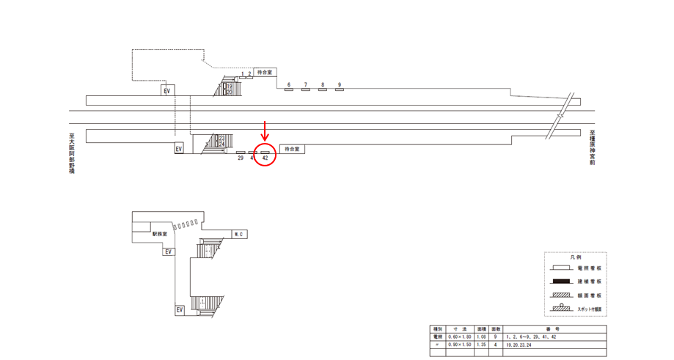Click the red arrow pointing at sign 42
(x=265, y=133)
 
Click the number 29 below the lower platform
(x=241, y=158)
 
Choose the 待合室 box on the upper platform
(x=264, y=73)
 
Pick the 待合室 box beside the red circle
(x=292, y=149)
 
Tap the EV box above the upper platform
(x=167, y=90)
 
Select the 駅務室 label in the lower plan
(x=161, y=235)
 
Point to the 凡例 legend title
(x=576, y=258)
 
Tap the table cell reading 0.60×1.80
(x=463, y=337)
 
